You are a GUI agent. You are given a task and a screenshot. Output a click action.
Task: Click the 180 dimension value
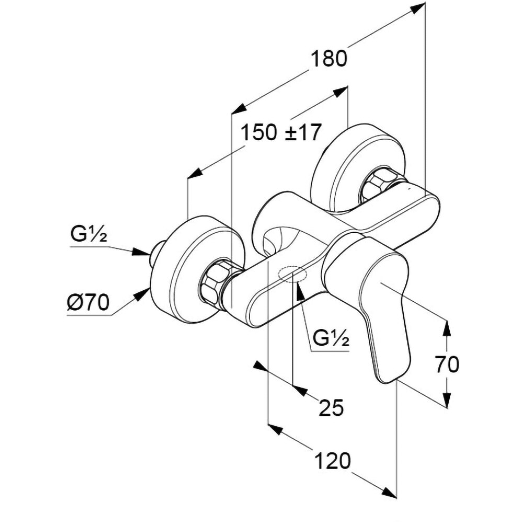pos(329,58)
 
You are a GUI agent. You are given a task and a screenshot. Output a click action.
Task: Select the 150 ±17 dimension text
pos(280,133)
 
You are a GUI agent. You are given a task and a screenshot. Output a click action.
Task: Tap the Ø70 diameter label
pos(88,302)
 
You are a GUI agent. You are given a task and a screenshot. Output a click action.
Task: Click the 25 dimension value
pos(331,407)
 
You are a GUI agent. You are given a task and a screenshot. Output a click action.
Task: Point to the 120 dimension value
pos(332,461)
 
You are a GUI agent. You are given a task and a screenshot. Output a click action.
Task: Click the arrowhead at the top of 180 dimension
pos(418,8)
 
